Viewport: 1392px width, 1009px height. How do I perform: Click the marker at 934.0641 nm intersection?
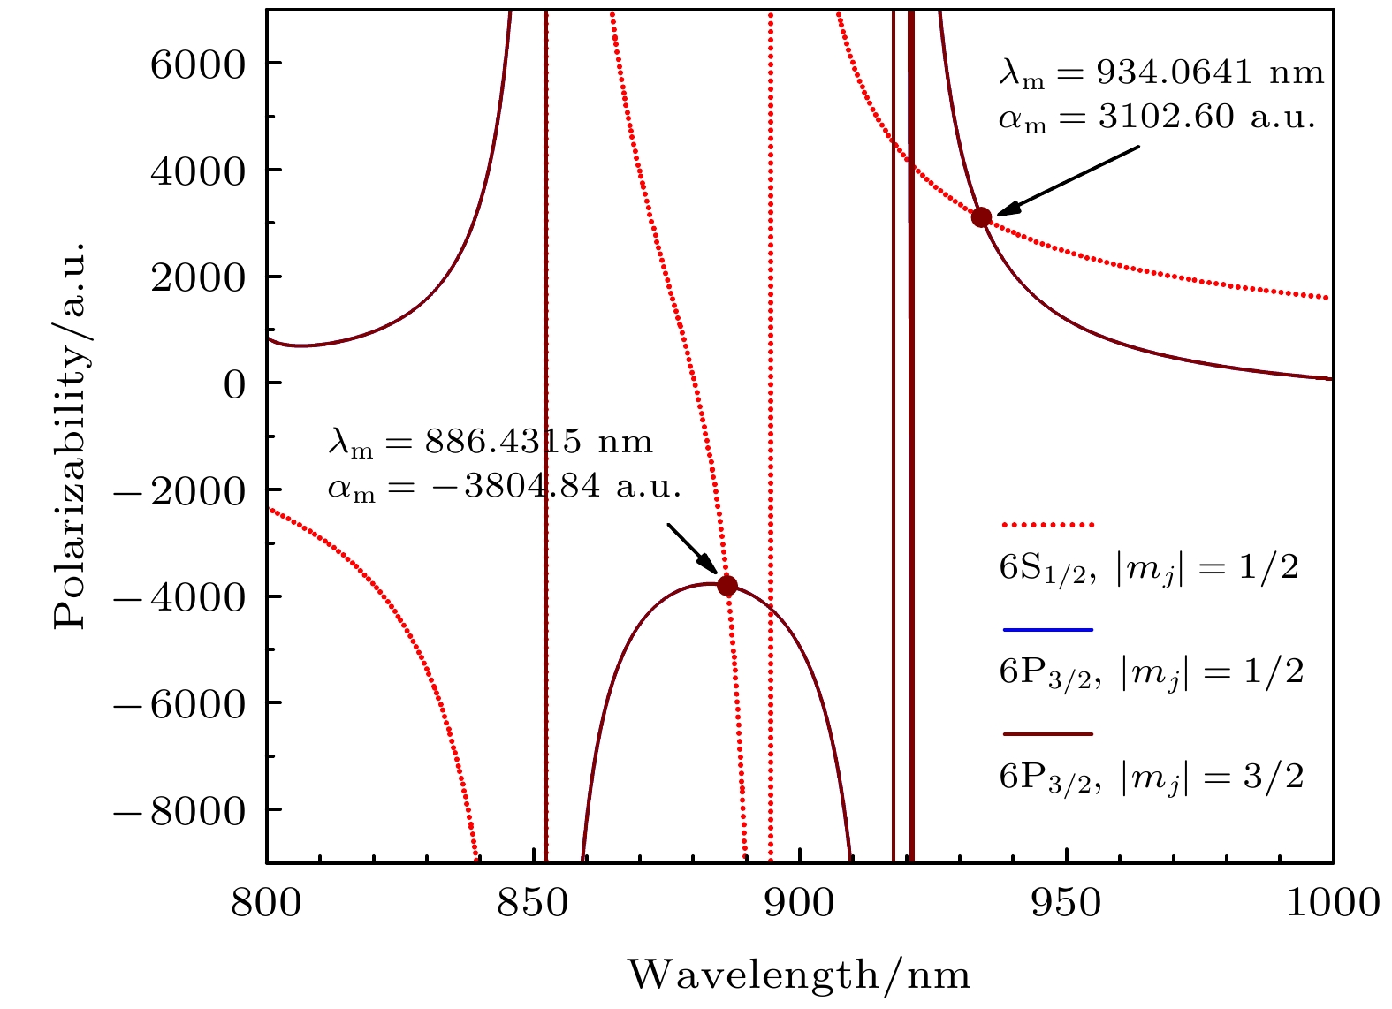[x=981, y=217]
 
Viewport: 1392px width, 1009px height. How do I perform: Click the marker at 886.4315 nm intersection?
[x=727, y=585]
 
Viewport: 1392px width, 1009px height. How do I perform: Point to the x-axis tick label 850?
[x=534, y=903]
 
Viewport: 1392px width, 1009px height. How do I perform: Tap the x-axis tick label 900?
[x=800, y=903]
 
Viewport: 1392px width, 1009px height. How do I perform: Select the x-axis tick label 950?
[x=1067, y=903]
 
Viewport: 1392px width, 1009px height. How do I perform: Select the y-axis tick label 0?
[x=235, y=384]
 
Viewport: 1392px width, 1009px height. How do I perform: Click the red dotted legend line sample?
[x=1048, y=525]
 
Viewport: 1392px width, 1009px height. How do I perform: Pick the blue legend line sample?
[x=1048, y=630]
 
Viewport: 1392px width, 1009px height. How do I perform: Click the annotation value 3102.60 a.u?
[x=1206, y=117]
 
